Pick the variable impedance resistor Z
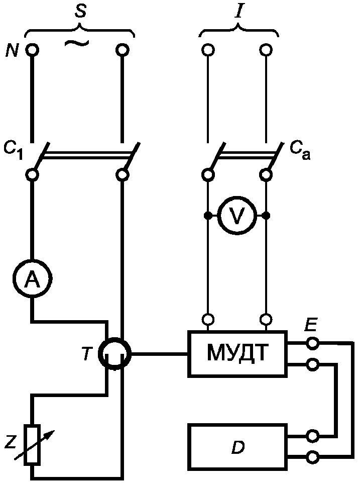click(x=33, y=445)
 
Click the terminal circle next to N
click(x=32, y=50)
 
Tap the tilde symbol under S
click(x=76, y=43)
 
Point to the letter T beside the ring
click(x=88, y=354)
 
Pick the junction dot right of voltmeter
click(x=266, y=215)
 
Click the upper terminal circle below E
click(x=313, y=343)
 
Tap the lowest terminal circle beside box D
click(x=313, y=457)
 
